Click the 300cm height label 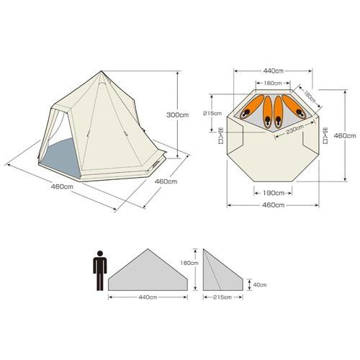[x=178, y=115]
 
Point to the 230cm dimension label [x=295, y=130]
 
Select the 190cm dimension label [x=273, y=193]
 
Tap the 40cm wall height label [x=260, y=285]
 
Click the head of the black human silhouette [x=100, y=253]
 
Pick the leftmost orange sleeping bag [x=252, y=107]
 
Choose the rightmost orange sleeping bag [x=294, y=107]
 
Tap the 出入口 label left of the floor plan [x=220, y=135]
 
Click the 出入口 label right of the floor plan [x=325, y=135]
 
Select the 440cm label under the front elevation [x=148, y=297]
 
